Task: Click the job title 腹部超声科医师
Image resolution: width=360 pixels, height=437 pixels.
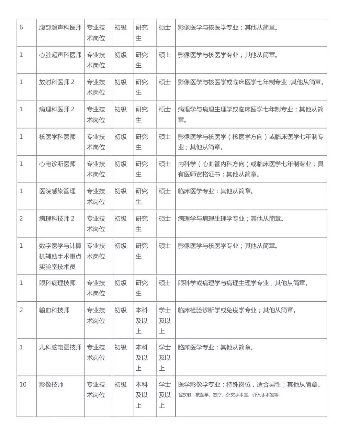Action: click(60, 28)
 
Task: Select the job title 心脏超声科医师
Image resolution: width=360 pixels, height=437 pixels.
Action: click(60, 55)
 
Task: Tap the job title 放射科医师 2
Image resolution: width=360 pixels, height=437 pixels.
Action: click(57, 82)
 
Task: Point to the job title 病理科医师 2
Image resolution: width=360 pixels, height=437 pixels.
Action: click(57, 110)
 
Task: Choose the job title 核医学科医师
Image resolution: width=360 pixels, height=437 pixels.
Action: click(57, 137)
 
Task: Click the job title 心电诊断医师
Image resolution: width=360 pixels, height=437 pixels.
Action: click(57, 164)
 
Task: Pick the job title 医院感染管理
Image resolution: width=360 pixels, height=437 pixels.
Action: click(57, 192)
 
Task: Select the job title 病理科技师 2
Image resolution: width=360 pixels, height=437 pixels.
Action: click(57, 219)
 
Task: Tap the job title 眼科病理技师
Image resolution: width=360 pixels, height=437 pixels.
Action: click(57, 283)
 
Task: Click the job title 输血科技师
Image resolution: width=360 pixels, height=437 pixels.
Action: click(54, 310)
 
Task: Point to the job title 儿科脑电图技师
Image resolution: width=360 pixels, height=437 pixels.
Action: click(60, 347)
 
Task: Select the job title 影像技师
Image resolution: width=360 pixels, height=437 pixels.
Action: click(51, 385)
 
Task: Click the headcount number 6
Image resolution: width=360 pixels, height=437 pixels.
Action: click(21, 28)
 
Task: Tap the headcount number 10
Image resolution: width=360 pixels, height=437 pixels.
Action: click(23, 385)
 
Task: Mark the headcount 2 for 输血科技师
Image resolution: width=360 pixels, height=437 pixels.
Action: click(21, 310)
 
